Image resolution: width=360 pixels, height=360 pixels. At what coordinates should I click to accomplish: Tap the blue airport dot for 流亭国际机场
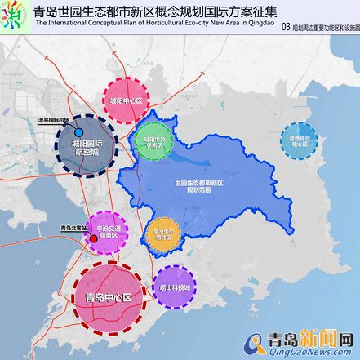(78, 131)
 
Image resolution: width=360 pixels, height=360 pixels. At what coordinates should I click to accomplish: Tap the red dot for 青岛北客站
(93, 238)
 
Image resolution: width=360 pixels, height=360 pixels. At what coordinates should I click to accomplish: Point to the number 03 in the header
(285, 27)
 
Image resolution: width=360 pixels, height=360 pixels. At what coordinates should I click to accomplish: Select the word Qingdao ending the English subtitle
(258, 24)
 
